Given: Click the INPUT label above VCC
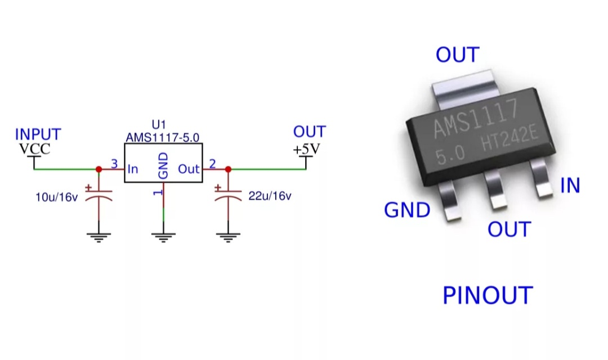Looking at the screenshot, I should (38, 135).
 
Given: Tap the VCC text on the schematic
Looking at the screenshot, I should (34, 149).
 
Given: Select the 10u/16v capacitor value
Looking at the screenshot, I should (56, 197).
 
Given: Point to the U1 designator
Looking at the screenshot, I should (159, 125).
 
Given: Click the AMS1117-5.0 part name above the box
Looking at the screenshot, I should (163, 137).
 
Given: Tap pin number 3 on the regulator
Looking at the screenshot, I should (114, 164).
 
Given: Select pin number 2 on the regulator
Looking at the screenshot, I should (212, 164).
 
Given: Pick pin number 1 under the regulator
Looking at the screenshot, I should (159, 192).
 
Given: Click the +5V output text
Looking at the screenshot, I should (306, 150).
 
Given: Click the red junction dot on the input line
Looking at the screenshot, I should (99, 169).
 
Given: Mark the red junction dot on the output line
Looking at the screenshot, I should (228, 169).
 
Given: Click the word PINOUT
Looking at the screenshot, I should (488, 295).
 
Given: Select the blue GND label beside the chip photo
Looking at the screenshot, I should (407, 210).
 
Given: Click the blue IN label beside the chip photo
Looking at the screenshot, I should (570, 186).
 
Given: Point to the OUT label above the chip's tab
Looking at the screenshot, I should (457, 55).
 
